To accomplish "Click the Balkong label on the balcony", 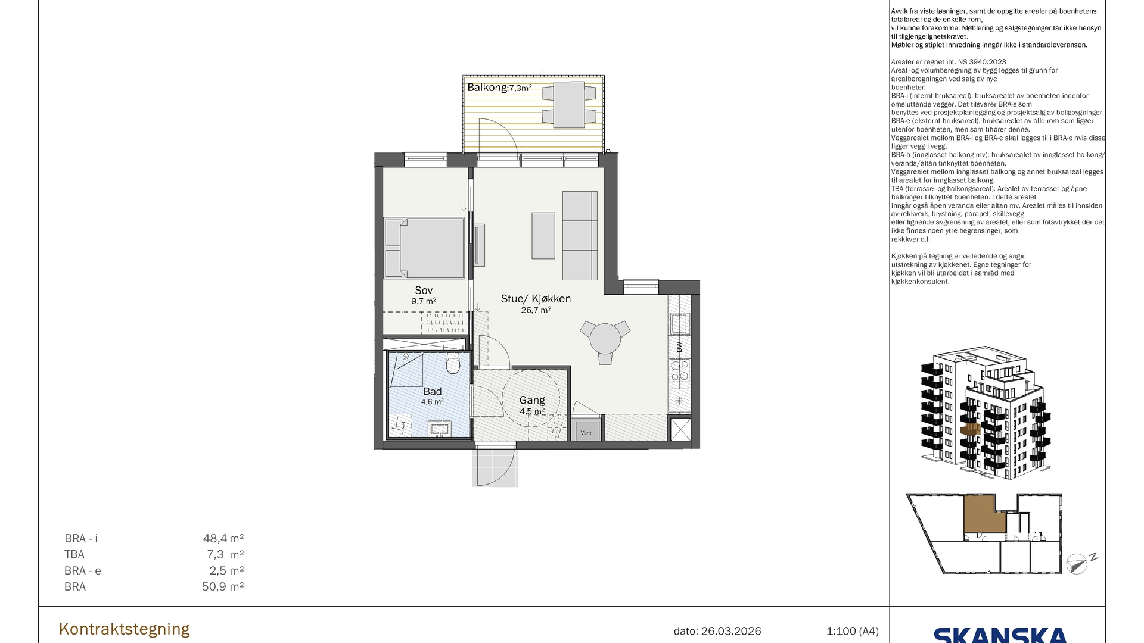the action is [487, 88].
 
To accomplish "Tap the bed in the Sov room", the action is [424, 248].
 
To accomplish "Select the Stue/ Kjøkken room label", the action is [536, 299].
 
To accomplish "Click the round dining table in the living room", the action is [605, 340].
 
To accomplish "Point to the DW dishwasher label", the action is [679, 347].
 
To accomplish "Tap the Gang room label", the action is [532, 401].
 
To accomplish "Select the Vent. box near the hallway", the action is [587, 431].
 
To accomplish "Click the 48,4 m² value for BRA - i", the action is [223, 539].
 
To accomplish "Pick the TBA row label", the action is [74, 555].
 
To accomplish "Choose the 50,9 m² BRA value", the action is [223, 587].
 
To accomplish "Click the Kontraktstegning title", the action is [125, 629].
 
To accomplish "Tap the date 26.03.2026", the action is [731, 631].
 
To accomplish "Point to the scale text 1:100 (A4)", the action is [853, 631].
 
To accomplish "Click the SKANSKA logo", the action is [1000, 635].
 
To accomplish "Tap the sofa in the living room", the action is [580, 236].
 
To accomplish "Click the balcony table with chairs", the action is [568, 105].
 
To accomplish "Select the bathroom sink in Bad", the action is [440, 429].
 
